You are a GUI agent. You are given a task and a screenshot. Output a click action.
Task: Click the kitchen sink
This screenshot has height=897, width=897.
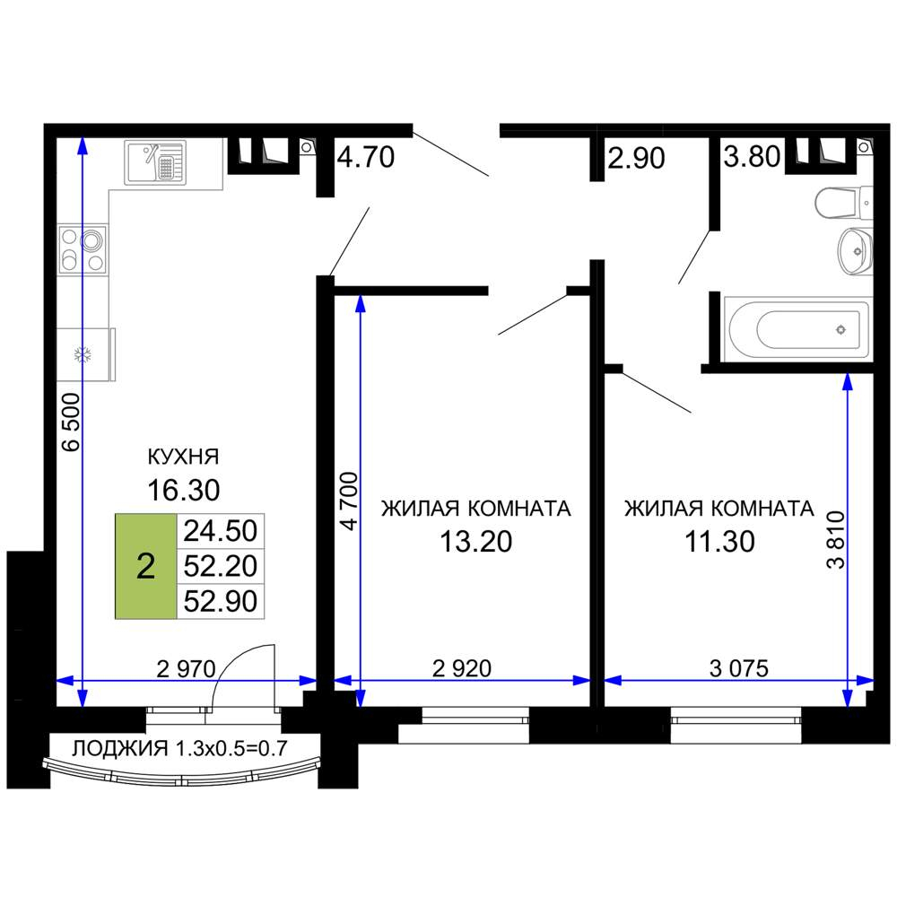point(155,162)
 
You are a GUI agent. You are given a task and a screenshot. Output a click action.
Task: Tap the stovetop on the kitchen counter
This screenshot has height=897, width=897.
point(83,249)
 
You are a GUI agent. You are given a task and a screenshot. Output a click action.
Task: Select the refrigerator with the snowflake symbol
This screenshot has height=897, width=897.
point(86,354)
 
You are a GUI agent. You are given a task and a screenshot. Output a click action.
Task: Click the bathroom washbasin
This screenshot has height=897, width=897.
point(856,250)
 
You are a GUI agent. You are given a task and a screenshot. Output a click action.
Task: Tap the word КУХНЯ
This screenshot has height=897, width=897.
point(183,457)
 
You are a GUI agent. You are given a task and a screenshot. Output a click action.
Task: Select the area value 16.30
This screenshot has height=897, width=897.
point(184,491)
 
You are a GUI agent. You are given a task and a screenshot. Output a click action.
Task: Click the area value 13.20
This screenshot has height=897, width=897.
point(476,541)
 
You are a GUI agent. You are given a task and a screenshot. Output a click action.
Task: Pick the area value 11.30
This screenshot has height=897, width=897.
point(719,541)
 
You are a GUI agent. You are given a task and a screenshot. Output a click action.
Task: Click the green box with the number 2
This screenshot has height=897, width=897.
point(146,566)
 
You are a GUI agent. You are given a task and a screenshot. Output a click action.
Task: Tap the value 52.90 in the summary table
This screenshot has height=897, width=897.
point(221,601)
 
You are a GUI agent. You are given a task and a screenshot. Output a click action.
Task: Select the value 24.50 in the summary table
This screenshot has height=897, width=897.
point(221,531)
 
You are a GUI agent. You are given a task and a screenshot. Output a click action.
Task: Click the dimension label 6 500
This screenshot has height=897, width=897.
point(72,422)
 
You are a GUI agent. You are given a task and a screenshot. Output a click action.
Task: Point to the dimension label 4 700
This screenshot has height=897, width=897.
point(348,501)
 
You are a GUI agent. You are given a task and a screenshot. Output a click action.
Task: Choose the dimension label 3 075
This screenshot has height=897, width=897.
point(739,668)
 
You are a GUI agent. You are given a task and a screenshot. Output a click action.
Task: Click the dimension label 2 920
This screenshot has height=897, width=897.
point(462,668)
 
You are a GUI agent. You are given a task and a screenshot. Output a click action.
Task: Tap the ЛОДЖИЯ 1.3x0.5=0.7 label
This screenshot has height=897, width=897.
point(179,748)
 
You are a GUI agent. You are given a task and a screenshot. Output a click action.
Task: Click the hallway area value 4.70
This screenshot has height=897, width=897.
point(366,157)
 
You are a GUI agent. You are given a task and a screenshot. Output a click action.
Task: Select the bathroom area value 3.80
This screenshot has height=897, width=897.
point(752,156)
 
